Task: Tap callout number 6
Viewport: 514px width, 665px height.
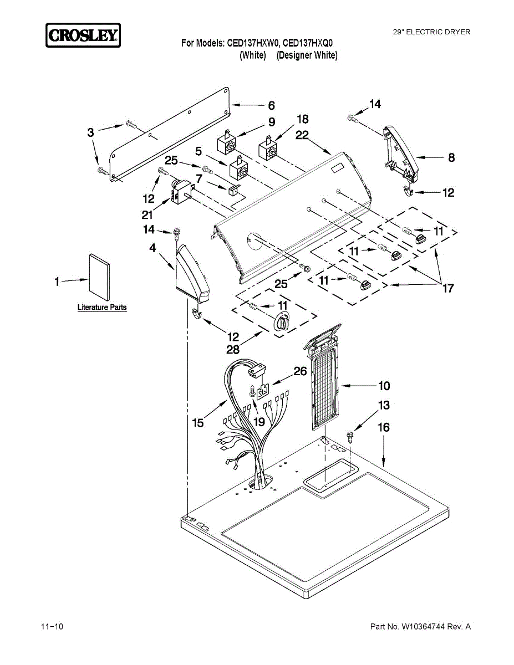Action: [271, 105]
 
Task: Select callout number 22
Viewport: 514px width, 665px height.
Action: [302, 135]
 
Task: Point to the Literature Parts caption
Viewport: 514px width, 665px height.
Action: [102, 307]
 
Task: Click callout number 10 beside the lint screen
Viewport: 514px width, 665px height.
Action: [384, 386]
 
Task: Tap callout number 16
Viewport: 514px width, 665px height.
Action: [384, 427]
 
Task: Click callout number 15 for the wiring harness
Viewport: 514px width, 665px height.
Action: [198, 423]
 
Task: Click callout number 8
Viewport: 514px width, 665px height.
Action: [451, 158]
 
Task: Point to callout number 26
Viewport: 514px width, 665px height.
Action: [300, 371]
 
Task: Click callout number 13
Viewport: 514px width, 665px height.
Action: [384, 406]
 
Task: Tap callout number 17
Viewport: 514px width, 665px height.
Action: [447, 288]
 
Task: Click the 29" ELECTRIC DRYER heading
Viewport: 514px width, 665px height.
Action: [431, 32]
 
